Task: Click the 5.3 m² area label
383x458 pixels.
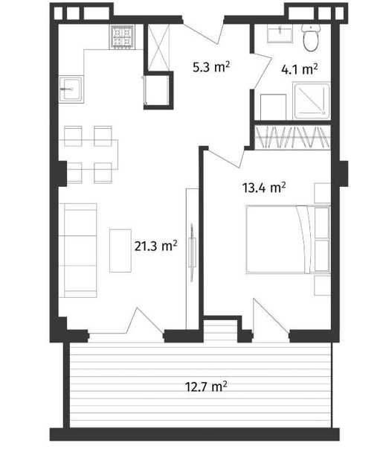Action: click(x=211, y=67)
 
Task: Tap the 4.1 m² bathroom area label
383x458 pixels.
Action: click(x=299, y=69)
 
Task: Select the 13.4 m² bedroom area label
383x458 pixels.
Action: click(x=264, y=187)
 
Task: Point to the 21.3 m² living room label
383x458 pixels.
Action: click(x=155, y=246)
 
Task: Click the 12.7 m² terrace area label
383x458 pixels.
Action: click(x=206, y=387)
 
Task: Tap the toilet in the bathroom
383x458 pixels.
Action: click(x=311, y=38)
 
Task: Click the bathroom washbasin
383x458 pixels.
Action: click(x=280, y=34)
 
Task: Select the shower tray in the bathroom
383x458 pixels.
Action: click(x=312, y=101)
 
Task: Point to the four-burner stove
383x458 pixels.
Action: click(x=122, y=36)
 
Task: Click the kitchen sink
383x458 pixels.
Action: click(x=71, y=89)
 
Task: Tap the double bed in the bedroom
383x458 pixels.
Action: click(x=289, y=240)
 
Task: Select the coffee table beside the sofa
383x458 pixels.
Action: click(x=120, y=251)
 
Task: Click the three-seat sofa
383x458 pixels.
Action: click(x=78, y=250)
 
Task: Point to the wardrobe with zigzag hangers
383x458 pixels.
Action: click(x=292, y=137)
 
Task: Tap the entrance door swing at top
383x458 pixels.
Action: click(x=204, y=31)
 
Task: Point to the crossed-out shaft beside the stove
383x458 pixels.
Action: click(x=158, y=48)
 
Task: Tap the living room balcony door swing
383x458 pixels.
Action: click(x=144, y=320)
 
